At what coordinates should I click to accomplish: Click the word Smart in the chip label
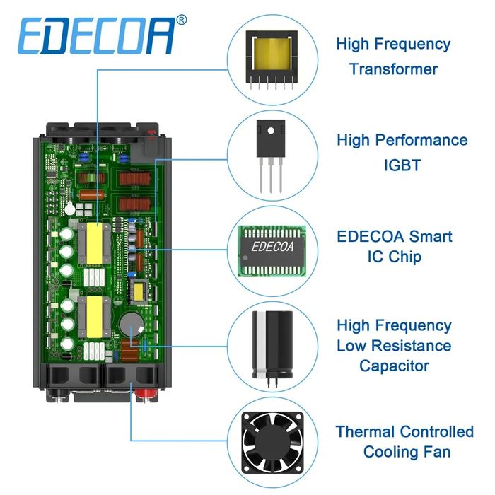point(425,235)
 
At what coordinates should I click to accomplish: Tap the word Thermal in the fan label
point(365,431)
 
